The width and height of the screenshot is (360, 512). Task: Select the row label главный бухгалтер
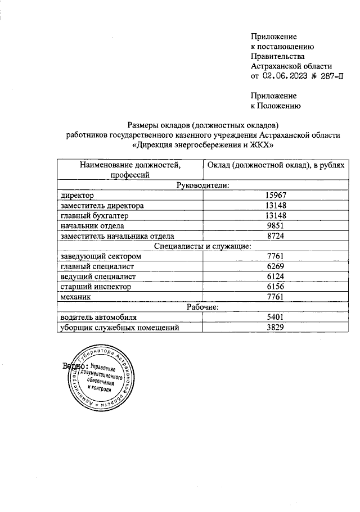[x=95, y=216]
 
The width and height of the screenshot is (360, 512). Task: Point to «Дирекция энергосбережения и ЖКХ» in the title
[x=202, y=146]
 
